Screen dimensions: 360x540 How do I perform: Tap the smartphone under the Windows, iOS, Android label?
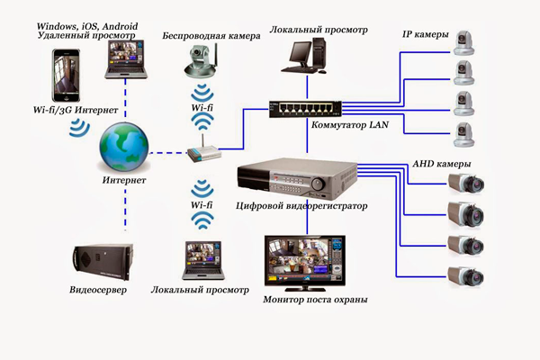(68, 76)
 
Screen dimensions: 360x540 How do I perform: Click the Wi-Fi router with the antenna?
(204, 150)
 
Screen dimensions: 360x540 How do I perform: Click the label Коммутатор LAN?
(347, 124)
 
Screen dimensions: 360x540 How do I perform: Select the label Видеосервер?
(98, 292)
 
